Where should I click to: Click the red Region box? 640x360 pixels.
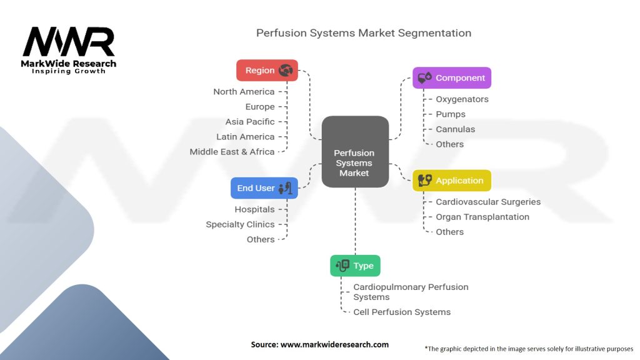(x=267, y=70)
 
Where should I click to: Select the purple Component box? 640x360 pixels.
(x=452, y=78)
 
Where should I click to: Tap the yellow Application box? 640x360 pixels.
(x=452, y=181)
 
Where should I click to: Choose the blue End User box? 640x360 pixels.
(x=264, y=188)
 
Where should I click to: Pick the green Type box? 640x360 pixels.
(x=355, y=266)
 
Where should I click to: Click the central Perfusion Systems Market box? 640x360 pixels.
(x=354, y=163)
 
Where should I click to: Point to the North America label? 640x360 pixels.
(x=244, y=92)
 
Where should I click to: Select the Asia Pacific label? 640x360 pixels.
(x=250, y=122)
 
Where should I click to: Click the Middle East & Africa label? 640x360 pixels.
(x=232, y=152)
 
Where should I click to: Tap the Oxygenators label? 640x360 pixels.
(x=462, y=99)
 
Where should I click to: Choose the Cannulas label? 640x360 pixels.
(x=455, y=129)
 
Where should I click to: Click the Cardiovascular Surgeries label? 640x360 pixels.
(x=488, y=202)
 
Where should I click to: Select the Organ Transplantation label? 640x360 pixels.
(x=482, y=217)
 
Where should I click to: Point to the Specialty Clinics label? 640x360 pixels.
(x=240, y=224)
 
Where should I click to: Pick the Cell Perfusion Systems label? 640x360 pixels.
(x=402, y=312)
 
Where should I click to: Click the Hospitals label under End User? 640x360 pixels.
(x=254, y=209)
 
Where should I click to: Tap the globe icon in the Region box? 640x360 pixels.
(x=286, y=70)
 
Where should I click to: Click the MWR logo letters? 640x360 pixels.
(x=69, y=42)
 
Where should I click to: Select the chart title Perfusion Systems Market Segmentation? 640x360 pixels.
(x=364, y=32)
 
